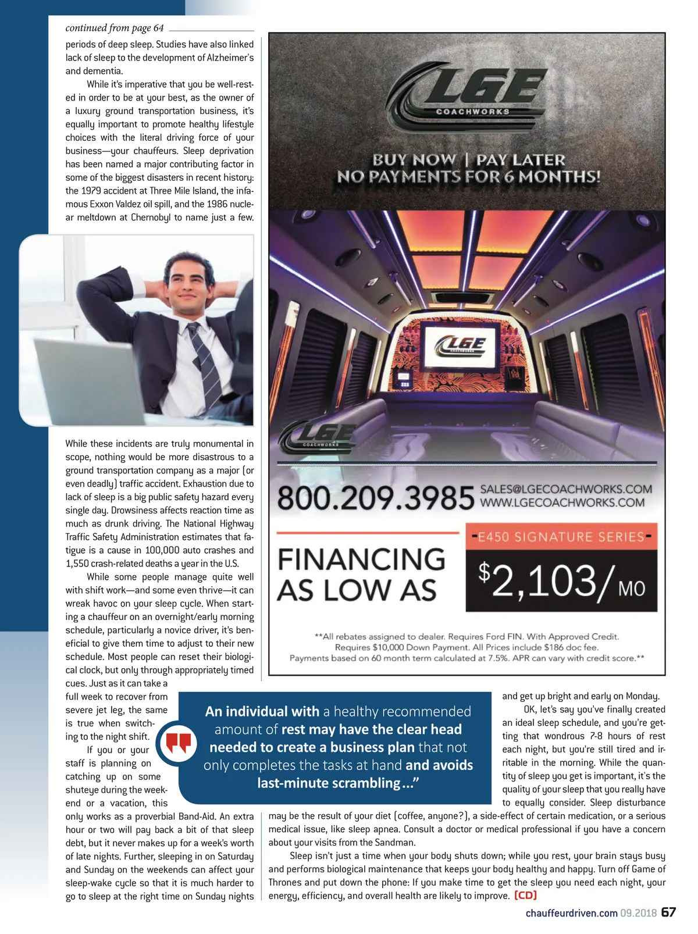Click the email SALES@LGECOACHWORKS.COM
point(565,489)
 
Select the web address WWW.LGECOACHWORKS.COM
point(562,502)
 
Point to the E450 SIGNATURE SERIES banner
point(561,536)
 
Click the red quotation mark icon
point(179,743)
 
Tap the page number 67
point(669,912)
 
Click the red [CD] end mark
point(525,896)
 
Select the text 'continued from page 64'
point(115,28)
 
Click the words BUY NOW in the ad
point(414,159)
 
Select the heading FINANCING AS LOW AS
point(361,574)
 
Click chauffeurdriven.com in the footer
point(571,913)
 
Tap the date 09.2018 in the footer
point(638,913)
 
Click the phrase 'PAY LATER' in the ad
point(521,159)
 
